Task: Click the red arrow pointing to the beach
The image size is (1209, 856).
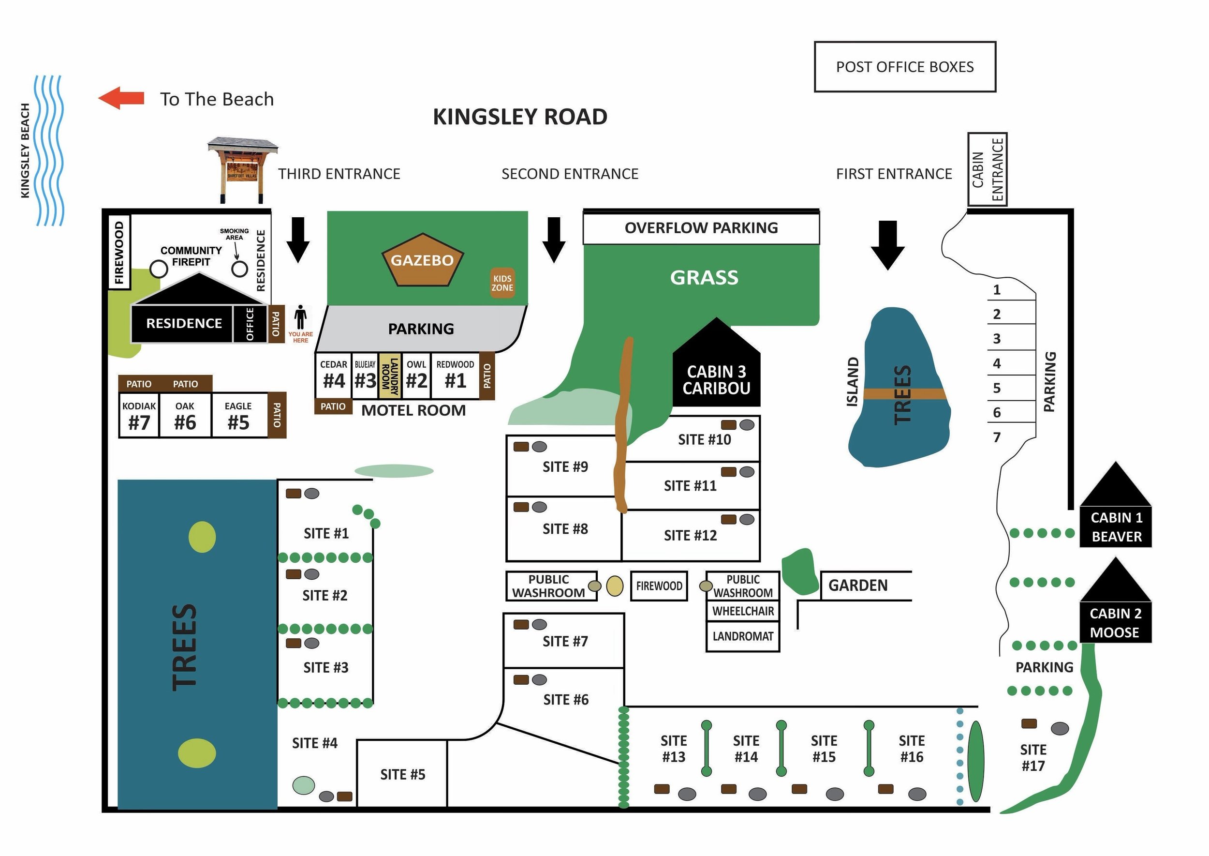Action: [121, 98]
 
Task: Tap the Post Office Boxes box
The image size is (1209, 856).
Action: [904, 67]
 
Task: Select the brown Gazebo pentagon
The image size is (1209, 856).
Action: [422, 260]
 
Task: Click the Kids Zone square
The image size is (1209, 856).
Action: [502, 283]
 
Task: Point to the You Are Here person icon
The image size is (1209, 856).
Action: [300, 317]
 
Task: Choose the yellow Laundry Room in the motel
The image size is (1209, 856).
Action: [389, 376]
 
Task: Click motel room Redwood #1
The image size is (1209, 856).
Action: [455, 375]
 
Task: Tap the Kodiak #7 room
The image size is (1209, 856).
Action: [139, 415]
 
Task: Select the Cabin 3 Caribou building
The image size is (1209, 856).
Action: [716, 374]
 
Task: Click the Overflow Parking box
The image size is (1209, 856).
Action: [701, 228]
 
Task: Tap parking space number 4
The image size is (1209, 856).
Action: [997, 363]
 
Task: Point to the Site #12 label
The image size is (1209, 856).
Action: [690, 536]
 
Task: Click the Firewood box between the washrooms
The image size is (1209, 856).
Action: [659, 586]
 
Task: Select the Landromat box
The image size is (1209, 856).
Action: [742, 636]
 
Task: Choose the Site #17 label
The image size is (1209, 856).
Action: [1032, 757]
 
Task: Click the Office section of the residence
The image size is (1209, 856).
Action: [250, 324]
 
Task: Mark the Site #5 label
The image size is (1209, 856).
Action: [402, 774]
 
